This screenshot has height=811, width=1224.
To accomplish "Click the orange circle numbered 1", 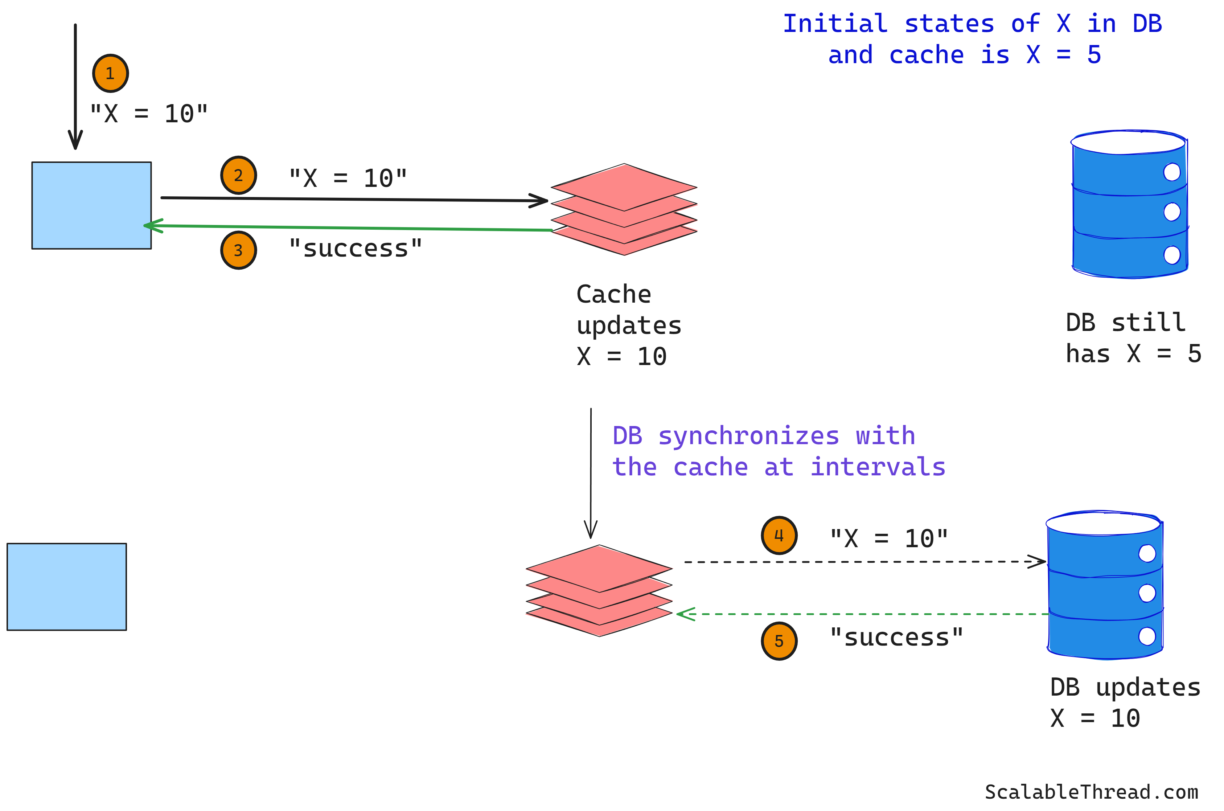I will pos(110,73).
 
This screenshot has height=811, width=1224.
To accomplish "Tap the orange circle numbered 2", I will pos(238,175).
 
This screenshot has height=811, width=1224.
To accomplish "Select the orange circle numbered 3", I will pos(238,250).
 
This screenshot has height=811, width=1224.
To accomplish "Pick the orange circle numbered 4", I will pos(779,535).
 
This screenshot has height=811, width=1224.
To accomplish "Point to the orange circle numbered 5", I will pos(779,641).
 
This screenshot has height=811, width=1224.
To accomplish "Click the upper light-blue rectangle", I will pos(91,205).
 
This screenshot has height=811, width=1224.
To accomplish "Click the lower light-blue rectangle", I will pos(67,586).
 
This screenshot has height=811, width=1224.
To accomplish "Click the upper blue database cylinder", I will pos(1129,205).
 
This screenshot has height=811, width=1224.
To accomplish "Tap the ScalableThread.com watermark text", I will pos(1091,792).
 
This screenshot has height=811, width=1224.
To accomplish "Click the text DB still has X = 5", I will pos(1133,338).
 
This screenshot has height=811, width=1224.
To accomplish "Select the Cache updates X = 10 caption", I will pos(628,325).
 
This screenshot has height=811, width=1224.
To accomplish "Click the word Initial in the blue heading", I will pos(835,24).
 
